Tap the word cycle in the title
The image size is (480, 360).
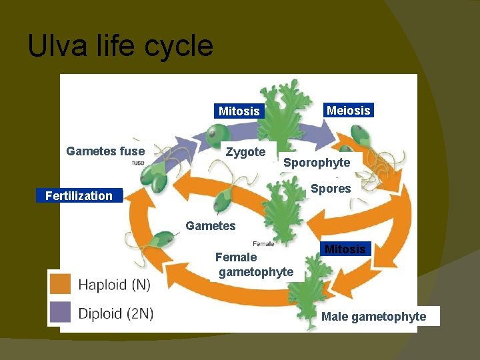[181, 47]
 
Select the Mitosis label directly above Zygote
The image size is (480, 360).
[239, 111]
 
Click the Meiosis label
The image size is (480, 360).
[348, 111]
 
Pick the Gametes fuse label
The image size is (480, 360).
[105, 151]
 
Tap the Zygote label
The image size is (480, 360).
[245, 152]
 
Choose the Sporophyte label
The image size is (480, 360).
[317, 163]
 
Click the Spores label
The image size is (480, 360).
[331, 189]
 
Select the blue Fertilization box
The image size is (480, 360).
[79, 195]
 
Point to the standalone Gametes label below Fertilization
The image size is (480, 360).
[211, 226]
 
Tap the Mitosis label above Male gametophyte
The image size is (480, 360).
[345, 249]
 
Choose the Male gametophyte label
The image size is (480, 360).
[373, 317]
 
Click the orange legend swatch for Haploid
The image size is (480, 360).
[61, 285]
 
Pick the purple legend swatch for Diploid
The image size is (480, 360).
[61, 312]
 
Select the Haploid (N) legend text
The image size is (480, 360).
[114, 285]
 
